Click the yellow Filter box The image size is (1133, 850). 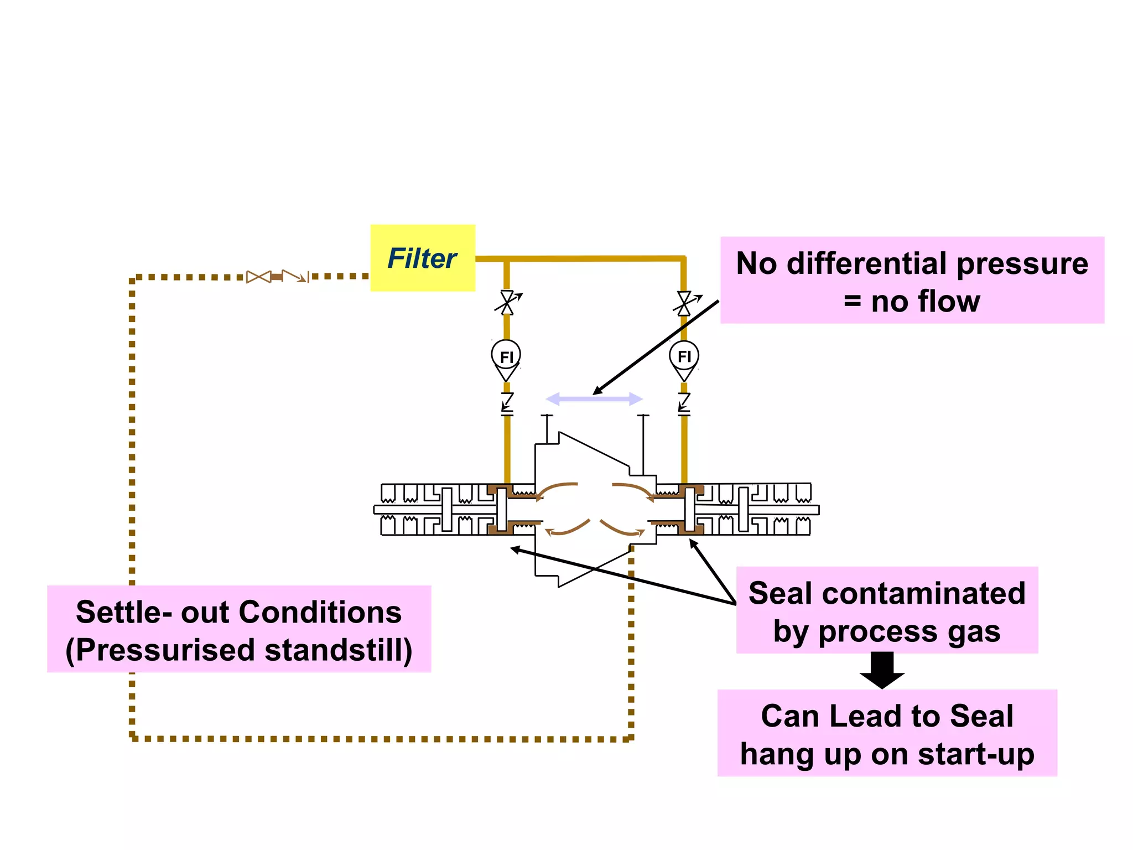(422, 258)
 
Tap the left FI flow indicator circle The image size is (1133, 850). (506, 356)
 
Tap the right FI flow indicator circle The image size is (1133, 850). (684, 356)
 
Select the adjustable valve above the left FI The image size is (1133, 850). (507, 303)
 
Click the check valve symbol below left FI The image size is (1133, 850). (507, 403)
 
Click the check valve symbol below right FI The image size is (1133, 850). (684, 403)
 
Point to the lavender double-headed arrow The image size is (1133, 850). (594, 398)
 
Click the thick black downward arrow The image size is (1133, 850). (882, 670)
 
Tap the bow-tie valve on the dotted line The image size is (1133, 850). (258, 277)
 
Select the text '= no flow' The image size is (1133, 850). (912, 302)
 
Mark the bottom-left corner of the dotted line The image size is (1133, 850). (132, 738)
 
